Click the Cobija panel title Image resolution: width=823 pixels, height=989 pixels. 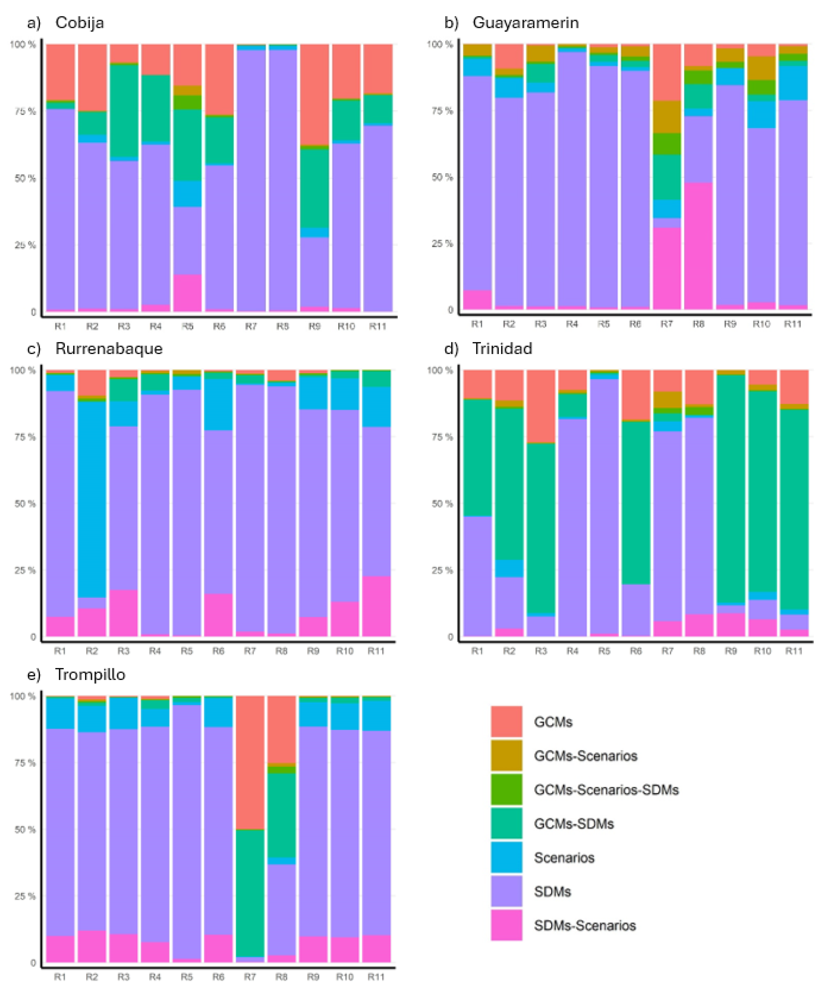[x=80, y=23]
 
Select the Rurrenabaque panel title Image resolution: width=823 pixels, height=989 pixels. [x=109, y=348]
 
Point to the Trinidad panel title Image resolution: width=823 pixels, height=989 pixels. [x=502, y=348]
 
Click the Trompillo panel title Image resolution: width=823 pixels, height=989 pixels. [x=90, y=674]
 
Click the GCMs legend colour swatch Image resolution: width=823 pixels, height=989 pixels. [x=506, y=722]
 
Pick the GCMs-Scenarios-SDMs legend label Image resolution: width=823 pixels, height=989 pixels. [x=606, y=790]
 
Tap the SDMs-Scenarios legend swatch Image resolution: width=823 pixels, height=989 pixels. [x=506, y=925]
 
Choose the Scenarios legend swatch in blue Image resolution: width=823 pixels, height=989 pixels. [x=506, y=858]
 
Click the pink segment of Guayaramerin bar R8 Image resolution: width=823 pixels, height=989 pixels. [x=698, y=246]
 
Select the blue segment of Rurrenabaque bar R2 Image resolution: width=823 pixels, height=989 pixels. [x=92, y=499]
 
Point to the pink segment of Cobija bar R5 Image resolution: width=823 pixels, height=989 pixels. [x=187, y=293]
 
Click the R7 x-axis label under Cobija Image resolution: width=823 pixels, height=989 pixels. [x=250, y=326]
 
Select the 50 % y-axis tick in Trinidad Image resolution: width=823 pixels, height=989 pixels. [x=442, y=504]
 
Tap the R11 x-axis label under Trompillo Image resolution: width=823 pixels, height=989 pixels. [x=377, y=977]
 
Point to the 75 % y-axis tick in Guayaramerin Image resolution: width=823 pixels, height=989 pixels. [x=442, y=111]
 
